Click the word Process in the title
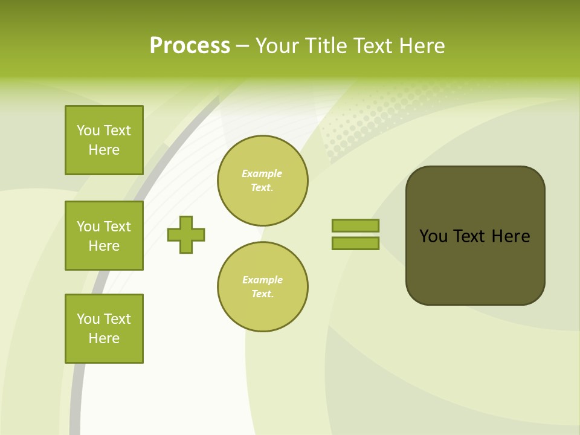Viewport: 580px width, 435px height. [190, 46]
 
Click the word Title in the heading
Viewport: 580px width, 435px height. [326, 46]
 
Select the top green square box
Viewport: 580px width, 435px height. [104, 140]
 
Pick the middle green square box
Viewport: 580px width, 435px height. [104, 236]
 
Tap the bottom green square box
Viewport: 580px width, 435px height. [104, 329]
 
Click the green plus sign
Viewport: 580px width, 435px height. [186, 234]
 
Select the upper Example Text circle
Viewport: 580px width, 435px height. [262, 180]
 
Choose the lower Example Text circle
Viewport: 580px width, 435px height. [262, 286]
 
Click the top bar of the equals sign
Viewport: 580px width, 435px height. [355, 225]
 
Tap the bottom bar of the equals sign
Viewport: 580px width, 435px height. [355, 243]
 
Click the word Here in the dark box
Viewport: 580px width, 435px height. [511, 236]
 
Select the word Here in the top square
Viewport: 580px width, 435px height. [104, 150]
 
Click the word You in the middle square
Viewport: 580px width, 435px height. [88, 227]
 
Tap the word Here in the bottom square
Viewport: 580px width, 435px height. [104, 338]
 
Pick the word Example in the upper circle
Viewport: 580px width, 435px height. [262, 173]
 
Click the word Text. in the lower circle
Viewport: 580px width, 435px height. [262, 294]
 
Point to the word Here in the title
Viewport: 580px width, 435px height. [421, 46]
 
